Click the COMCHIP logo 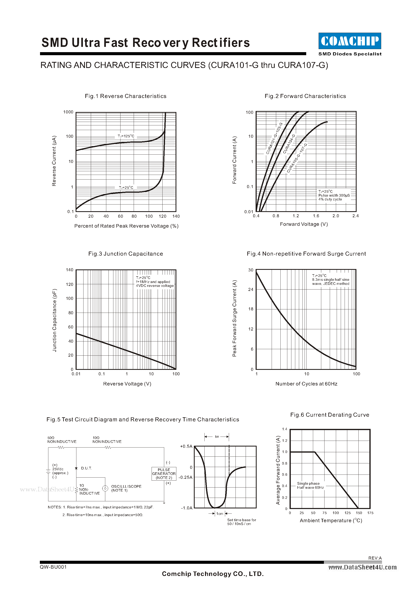[x=350, y=41]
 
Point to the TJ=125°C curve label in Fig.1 [x=126, y=136]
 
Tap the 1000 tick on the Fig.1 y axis [x=68, y=112]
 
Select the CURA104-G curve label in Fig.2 [x=289, y=144]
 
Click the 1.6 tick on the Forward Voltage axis [x=316, y=216]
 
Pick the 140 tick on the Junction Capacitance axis [x=69, y=270]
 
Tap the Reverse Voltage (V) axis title [x=127, y=384]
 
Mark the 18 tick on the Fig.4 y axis [x=251, y=309]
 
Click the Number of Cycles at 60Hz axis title [x=306, y=384]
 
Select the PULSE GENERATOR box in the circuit [x=164, y=474]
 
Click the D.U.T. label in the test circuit [x=86, y=468]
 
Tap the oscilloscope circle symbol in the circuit [x=105, y=488]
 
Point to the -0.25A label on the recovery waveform [x=186, y=477]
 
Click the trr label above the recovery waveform [x=217, y=437]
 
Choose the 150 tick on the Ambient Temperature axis [x=359, y=513]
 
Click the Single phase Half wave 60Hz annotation [x=310, y=485]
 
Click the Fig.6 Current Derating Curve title [x=330, y=415]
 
